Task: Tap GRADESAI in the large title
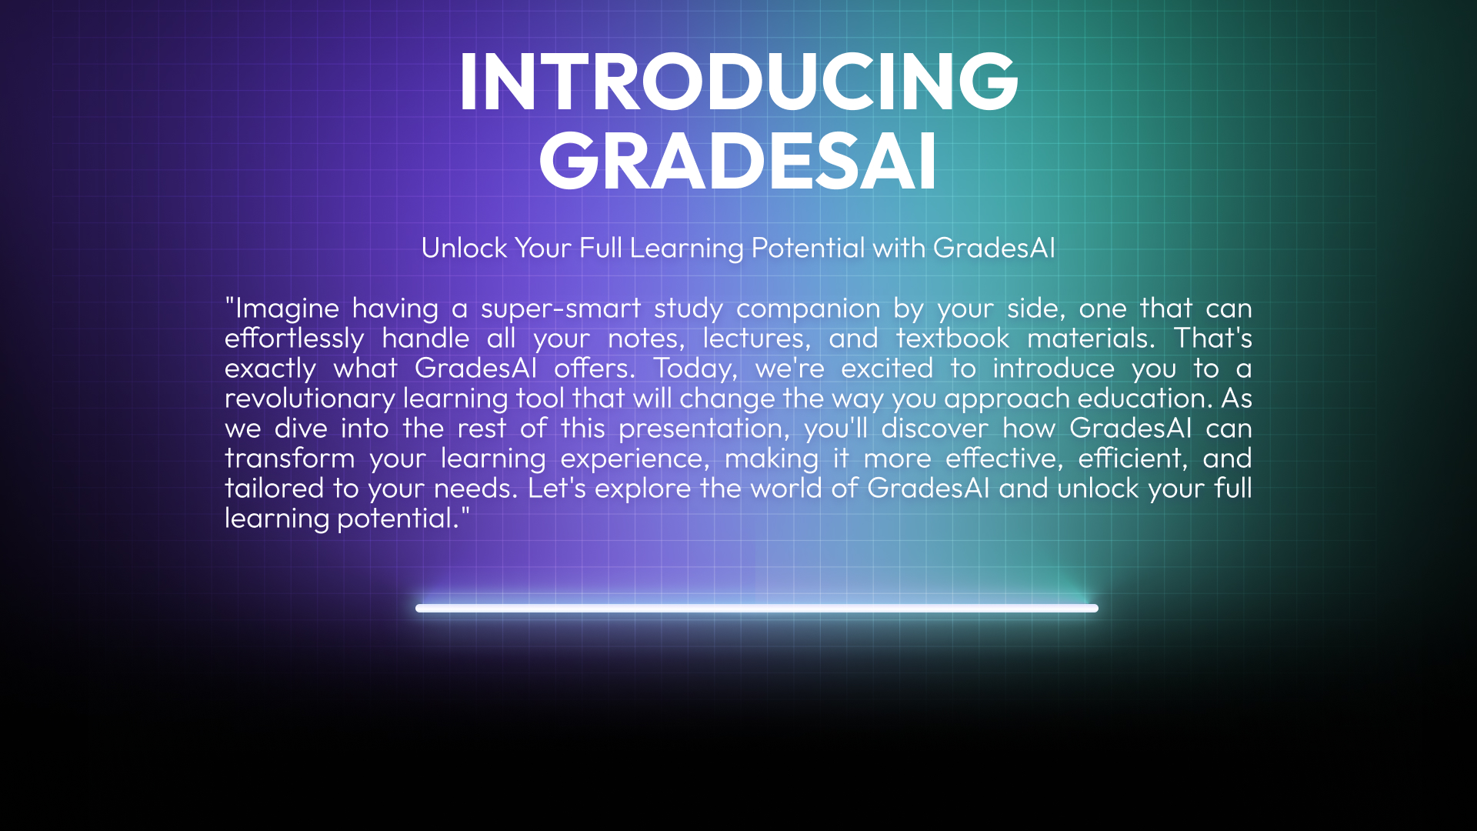point(738,161)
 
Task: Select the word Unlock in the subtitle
point(465,248)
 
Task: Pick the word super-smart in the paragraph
point(561,309)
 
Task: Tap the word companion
point(809,309)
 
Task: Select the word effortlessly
point(295,339)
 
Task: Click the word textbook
point(953,339)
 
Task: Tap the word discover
point(935,429)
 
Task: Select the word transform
point(290,459)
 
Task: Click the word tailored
point(275,489)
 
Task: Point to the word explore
point(643,489)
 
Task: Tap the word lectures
point(757,339)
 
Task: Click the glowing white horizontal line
point(757,608)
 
